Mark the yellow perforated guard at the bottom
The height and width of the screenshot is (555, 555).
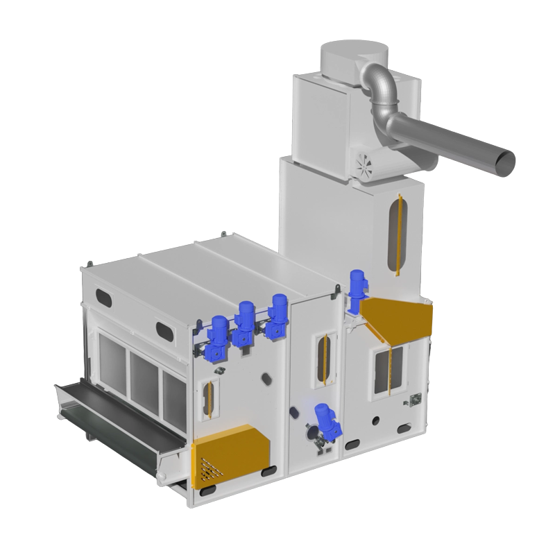[x=228, y=456]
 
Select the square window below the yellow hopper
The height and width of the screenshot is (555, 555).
[x=385, y=371]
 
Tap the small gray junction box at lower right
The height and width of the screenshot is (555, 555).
[x=416, y=400]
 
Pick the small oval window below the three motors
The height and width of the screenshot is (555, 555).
[x=208, y=399]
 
